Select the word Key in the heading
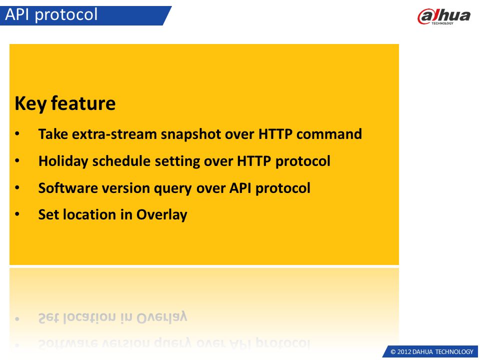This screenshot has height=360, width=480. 30,104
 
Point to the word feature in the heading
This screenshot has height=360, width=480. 83,103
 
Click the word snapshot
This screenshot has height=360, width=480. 191,134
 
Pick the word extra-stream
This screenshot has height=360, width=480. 114,134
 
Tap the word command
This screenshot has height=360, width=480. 329,134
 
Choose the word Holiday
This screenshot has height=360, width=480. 63,161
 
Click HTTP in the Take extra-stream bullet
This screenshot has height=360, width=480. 275,134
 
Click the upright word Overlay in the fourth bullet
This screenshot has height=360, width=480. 161,215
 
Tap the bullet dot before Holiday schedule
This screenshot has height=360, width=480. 17,160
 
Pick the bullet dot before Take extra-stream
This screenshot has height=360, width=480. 17,134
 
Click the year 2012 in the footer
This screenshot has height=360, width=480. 404,351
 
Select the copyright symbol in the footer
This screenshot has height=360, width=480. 393,352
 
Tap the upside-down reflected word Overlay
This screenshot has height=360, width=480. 161,317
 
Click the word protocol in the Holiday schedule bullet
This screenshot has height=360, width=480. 303,161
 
